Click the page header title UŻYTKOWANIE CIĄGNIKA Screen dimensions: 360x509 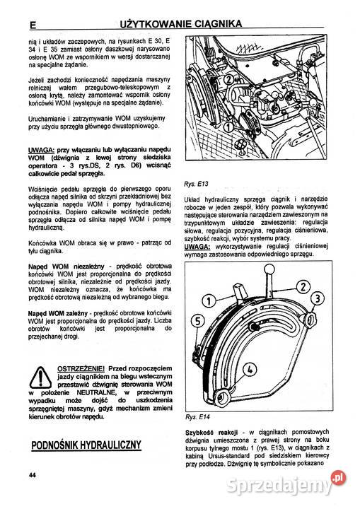pos(180,24)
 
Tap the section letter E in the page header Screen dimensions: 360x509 pos(33,25)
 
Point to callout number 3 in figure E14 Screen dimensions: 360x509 pos(318,300)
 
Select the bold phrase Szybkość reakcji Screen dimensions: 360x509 pos(207,431)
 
